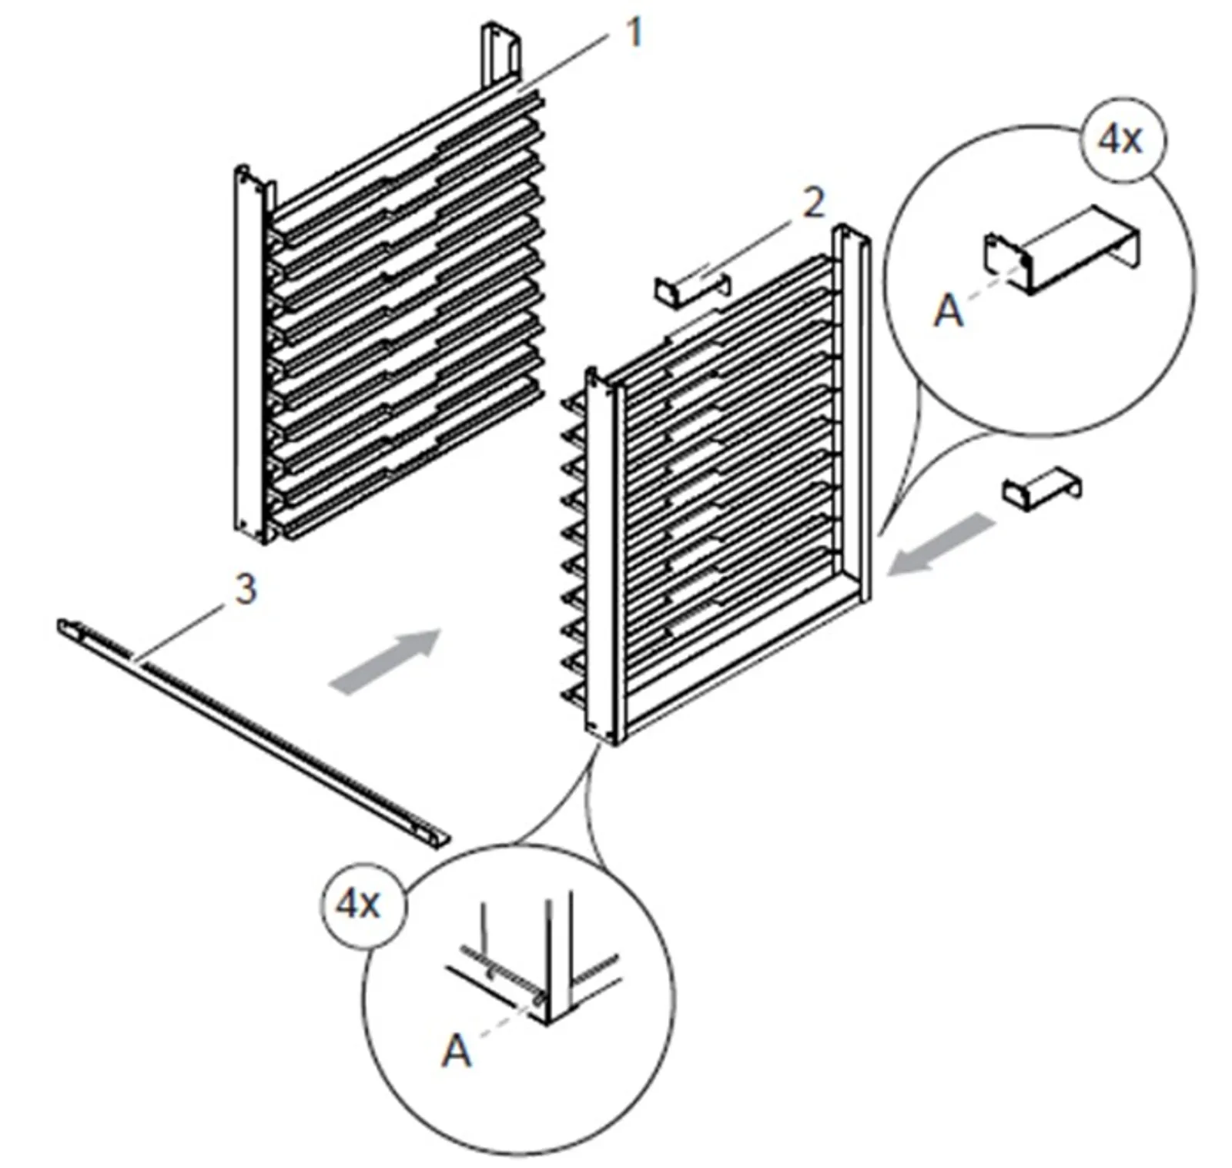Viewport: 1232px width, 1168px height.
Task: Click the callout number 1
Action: click(x=633, y=33)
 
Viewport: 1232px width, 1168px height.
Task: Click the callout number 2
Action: click(x=813, y=202)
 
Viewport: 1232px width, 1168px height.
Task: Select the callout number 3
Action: click(x=244, y=591)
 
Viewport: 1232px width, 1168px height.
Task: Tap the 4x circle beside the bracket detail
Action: click(x=1122, y=141)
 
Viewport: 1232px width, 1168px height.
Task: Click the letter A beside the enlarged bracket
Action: click(x=948, y=312)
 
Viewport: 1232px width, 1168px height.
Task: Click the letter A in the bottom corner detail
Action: click(x=456, y=1051)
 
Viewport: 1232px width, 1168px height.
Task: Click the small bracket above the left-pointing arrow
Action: click(x=1041, y=487)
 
